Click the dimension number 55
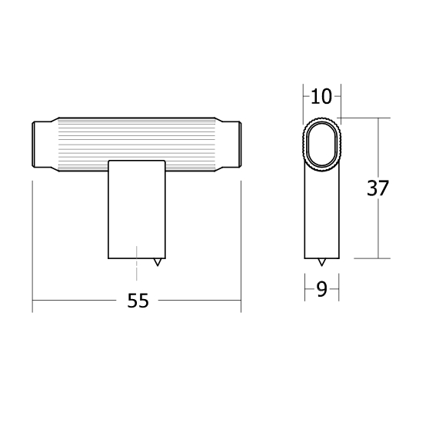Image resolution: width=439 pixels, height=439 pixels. (138, 301)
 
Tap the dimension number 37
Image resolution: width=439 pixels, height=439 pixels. (377, 188)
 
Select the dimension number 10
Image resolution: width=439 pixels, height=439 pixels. (321, 97)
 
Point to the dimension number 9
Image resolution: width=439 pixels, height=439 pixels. (321, 289)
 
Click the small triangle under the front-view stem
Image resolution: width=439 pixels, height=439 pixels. (158, 262)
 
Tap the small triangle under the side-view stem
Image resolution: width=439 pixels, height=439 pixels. (321, 262)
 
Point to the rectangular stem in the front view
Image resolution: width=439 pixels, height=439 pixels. (137, 209)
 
